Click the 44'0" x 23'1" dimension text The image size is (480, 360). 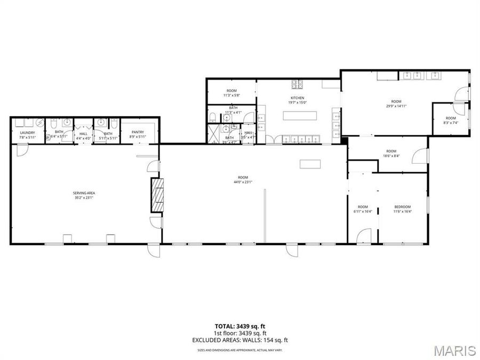point(243,182)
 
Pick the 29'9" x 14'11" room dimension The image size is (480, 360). point(396,106)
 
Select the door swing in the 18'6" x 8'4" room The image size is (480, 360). point(423,155)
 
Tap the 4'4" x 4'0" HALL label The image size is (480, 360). point(83,136)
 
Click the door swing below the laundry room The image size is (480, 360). point(21,151)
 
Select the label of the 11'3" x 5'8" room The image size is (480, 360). point(231,93)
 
